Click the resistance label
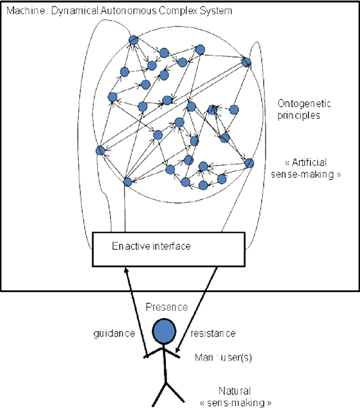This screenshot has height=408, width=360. [213, 334]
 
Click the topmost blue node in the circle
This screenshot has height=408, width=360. [133, 40]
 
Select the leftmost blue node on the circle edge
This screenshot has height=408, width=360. [100, 150]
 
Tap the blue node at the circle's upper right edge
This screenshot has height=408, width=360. [246, 62]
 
